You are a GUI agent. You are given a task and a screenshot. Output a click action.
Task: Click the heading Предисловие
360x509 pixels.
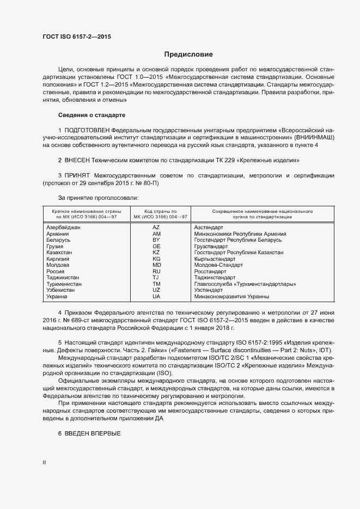tap(189, 54)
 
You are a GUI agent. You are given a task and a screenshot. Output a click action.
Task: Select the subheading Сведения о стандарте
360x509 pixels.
tap(91, 115)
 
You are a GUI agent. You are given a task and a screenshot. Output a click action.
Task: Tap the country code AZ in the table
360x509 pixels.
tap(156, 228)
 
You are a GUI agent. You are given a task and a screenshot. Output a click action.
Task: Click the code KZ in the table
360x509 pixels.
tap(156, 253)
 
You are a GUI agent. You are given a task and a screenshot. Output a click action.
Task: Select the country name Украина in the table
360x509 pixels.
tap(57, 297)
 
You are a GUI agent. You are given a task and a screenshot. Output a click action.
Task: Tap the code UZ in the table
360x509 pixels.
tap(156, 290)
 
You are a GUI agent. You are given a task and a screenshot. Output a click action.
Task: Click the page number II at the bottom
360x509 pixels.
tap(44, 462)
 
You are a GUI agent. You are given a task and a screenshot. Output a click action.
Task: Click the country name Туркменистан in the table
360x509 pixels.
tap(64, 284)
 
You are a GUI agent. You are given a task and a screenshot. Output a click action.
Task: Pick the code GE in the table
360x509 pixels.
tap(156, 247)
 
